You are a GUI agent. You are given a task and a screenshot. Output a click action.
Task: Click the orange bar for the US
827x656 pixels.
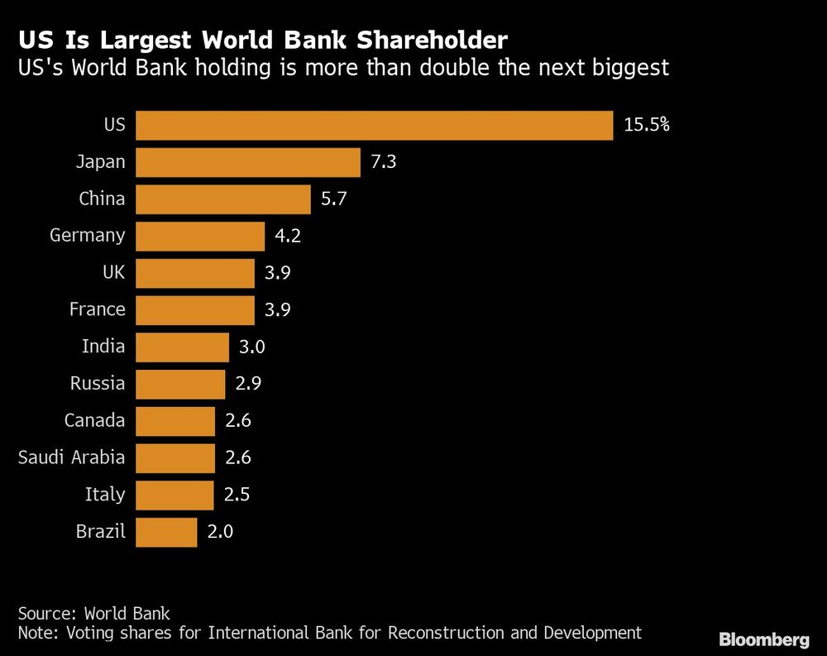tap(374, 125)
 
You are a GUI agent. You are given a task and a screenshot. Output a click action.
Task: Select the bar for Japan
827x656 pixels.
tap(248, 162)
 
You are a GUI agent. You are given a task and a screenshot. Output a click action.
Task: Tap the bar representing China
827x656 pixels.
tap(223, 199)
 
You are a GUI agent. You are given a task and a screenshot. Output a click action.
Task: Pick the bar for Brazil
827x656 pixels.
tap(166, 532)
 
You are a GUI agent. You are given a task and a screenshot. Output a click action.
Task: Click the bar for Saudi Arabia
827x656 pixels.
tap(174, 457)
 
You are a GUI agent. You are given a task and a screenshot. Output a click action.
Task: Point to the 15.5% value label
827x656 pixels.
tap(646, 125)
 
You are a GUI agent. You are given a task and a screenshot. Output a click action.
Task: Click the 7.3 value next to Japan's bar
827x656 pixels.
tap(384, 162)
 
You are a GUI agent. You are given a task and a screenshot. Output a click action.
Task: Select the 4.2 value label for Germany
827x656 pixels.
tap(287, 236)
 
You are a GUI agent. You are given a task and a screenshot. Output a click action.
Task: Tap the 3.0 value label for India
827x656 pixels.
tap(251, 347)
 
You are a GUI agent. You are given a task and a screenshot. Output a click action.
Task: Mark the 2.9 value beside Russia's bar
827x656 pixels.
tap(247, 384)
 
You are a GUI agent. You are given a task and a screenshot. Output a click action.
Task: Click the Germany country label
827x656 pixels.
tap(87, 236)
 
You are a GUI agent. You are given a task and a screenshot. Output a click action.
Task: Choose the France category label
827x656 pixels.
tap(97, 309)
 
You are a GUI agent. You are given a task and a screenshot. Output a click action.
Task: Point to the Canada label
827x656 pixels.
tap(94, 420)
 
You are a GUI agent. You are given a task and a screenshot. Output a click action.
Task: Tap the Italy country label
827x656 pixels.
tap(105, 495)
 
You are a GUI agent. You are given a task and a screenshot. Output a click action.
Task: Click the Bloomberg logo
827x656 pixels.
tap(763, 639)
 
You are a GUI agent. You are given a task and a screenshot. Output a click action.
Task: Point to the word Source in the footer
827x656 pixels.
tap(45, 613)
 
